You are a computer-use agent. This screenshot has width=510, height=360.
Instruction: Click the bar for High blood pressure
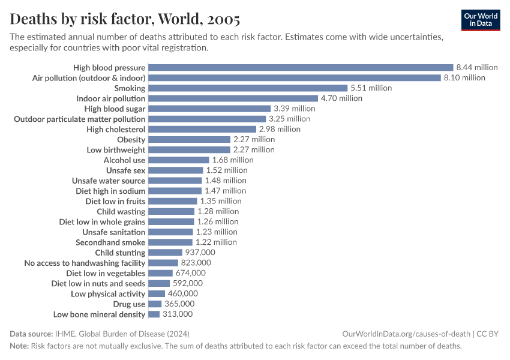tap(300, 68)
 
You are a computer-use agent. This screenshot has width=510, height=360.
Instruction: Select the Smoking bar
tap(248, 88)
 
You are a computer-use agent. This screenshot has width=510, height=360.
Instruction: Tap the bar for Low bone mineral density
tap(154, 314)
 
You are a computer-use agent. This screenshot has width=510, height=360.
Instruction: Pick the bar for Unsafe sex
tap(175, 170)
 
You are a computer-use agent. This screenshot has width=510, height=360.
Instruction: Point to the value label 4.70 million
tap(341, 98)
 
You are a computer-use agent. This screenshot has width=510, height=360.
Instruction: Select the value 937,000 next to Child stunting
tap(200, 253)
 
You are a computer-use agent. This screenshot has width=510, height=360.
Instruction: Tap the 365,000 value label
tap(181, 304)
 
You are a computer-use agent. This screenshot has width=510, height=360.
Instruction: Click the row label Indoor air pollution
tap(110, 98)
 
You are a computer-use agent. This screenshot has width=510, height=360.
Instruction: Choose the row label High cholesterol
tap(116, 129)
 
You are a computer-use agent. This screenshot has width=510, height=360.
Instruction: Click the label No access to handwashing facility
tap(85, 263)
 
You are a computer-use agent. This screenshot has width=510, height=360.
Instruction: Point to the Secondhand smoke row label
tap(110, 242)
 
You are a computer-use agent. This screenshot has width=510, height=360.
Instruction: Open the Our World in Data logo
tap(481, 20)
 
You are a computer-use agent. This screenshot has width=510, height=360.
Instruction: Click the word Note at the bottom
tap(19, 346)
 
